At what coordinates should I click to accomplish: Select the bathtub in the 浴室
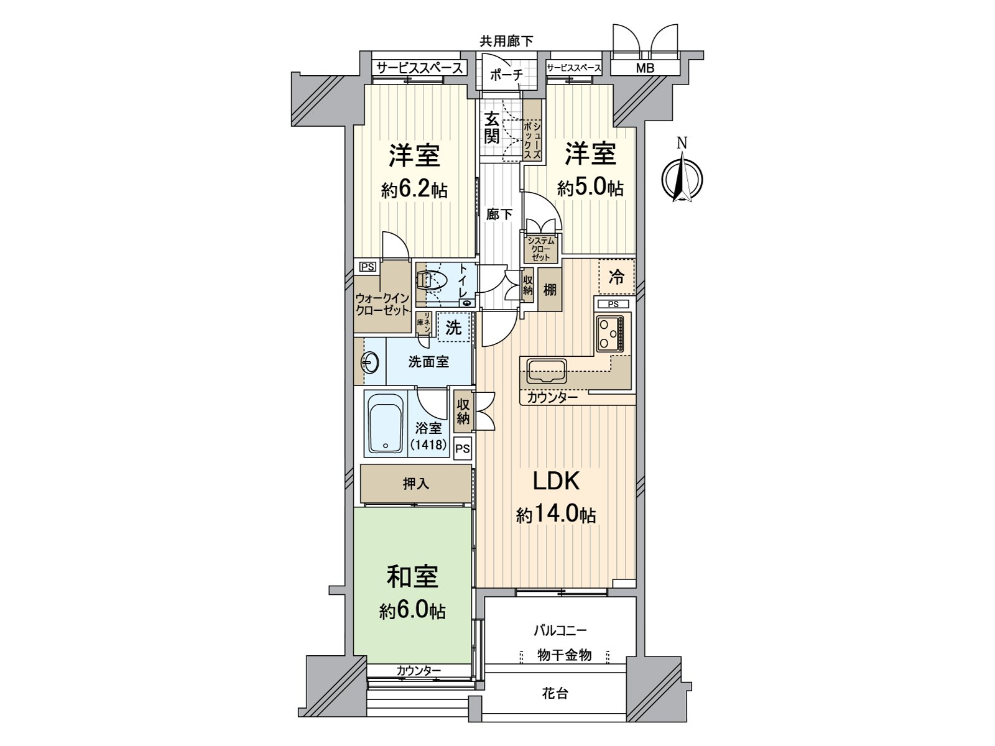[x=386, y=423]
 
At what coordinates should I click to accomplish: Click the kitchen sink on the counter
[x=546, y=371]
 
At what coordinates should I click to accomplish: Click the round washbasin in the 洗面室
[x=369, y=362]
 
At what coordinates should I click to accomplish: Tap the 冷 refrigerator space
[x=616, y=277]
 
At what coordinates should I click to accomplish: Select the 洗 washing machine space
[x=454, y=327]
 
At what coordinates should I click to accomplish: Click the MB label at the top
[x=645, y=68]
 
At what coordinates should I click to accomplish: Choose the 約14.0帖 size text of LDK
[x=556, y=515]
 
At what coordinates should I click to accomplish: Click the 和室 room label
[x=412, y=576]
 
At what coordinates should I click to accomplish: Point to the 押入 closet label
[x=415, y=483]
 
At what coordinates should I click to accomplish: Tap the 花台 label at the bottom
[x=555, y=693]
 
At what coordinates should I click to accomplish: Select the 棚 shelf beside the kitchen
[x=550, y=290]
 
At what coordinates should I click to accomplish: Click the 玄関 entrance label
[x=492, y=127]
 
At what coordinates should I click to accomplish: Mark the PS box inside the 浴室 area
[x=462, y=448]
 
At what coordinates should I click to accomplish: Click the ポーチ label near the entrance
[x=506, y=75]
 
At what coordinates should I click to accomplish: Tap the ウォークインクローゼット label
[x=382, y=304]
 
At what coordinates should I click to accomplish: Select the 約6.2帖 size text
[x=414, y=190]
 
